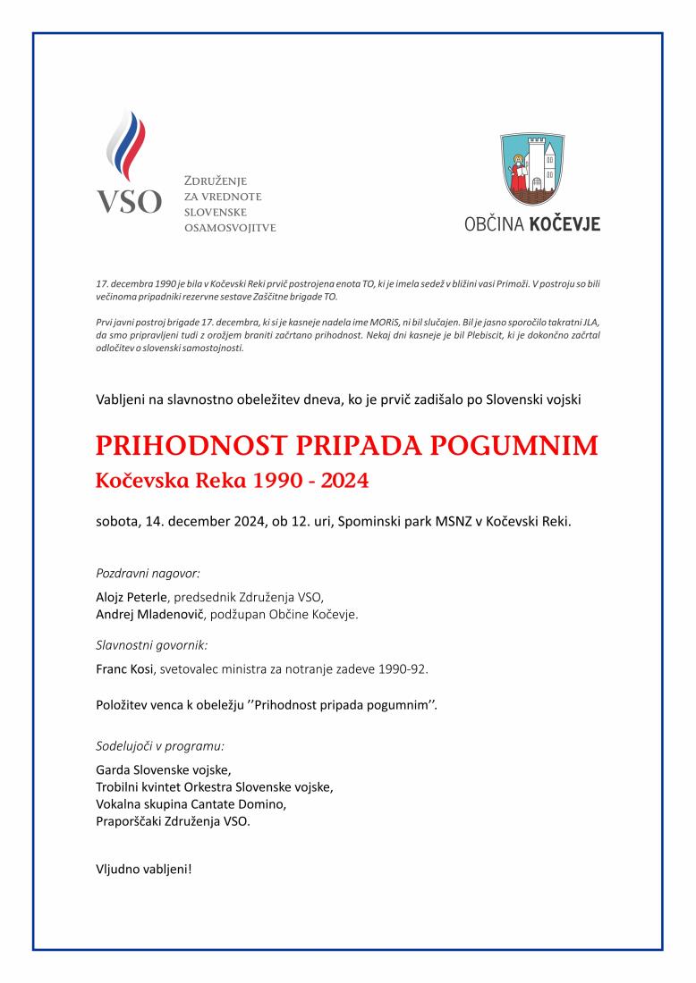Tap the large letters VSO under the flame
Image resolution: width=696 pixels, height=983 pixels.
(129, 201)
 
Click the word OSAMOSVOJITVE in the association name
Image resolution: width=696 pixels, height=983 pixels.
(230, 228)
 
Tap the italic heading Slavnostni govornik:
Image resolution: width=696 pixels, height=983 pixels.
(151, 643)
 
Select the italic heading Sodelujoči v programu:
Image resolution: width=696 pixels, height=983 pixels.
(159, 744)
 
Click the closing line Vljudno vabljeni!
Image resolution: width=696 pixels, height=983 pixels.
(143, 868)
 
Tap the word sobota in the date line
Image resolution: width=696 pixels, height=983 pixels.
(117, 521)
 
